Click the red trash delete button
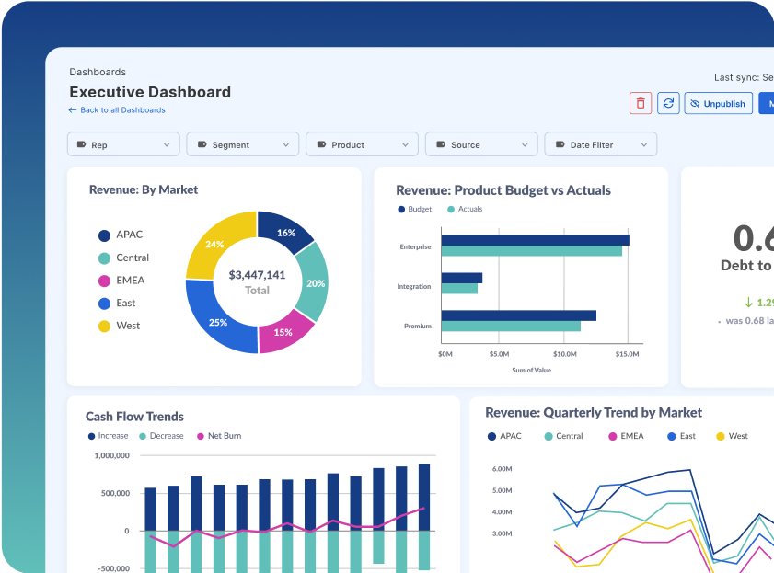[x=641, y=103]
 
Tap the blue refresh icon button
[x=668, y=103]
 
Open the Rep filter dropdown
[x=123, y=144]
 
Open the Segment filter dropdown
[x=243, y=144]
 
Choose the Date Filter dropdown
[x=601, y=144]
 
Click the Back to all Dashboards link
[x=117, y=110]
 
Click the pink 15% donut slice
[x=284, y=333]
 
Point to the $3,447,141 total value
[x=257, y=275]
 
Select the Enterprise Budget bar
[x=535, y=240]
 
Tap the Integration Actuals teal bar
[x=459, y=289]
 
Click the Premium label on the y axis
[x=418, y=327]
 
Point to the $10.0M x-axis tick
[x=564, y=354]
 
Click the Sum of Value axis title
[x=532, y=371]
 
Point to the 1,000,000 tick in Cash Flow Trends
[x=111, y=455]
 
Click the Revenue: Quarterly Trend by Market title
[x=594, y=413]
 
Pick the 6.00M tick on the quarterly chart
[x=502, y=469]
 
